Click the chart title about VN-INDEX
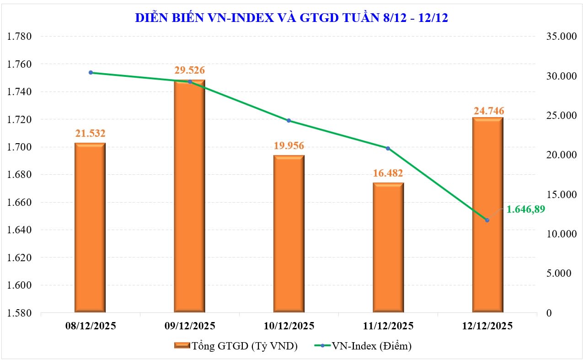(x=291, y=17)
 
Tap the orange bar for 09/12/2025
(x=189, y=197)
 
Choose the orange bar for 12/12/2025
(x=487, y=215)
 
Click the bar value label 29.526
(x=189, y=70)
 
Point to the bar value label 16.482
(x=388, y=173)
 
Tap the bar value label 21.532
(x=90, y=134)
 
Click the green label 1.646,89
(x=526, y=209)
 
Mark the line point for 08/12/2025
(x=91, y=72)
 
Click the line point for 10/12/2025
(x=289, y=121)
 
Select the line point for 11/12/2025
(x=388, y=148)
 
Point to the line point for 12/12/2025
(x=487, y=220)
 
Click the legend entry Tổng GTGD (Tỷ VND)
(x=236, y=346)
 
